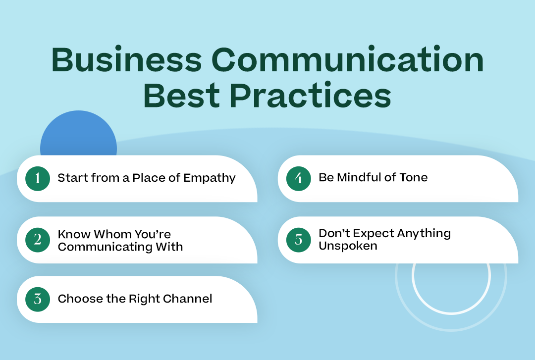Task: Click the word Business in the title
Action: point(127,59)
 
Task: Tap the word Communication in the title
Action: point(348,59)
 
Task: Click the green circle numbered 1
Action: point(38,178)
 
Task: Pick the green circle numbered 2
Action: point(38,240)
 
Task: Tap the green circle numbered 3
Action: point(38,299)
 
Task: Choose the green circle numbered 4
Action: point(299,178)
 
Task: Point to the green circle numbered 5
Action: point(299,240)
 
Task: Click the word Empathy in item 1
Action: point(210,178)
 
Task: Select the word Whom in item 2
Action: point(112,234)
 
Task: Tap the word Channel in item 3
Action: point(188,299)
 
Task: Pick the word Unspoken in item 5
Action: point(348,246)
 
